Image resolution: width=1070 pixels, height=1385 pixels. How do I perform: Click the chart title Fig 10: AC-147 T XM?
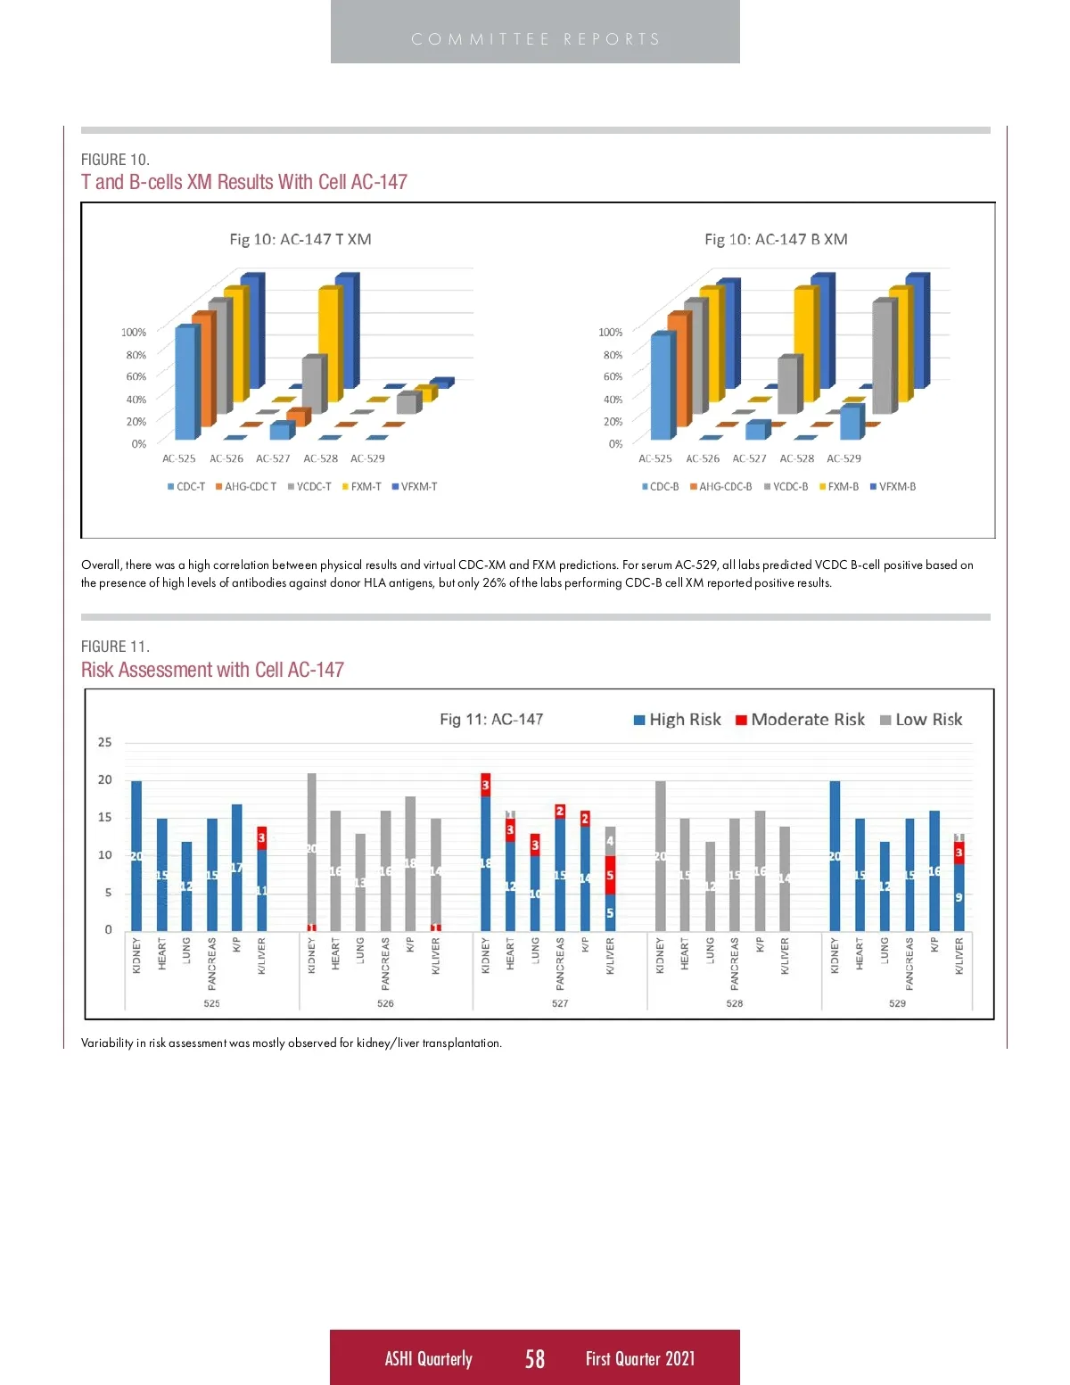(300, 239)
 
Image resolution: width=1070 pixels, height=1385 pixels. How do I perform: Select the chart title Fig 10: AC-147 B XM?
(776, 239)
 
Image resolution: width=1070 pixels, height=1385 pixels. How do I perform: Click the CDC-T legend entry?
(186, 487)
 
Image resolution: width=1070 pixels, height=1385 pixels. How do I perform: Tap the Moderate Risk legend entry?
(801, 720)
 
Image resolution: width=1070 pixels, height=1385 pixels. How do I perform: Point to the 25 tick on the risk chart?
(105, 742)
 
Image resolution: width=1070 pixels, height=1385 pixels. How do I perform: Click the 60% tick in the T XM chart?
(136, 376)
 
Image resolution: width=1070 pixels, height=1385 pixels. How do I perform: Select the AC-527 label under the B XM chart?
(749, 458)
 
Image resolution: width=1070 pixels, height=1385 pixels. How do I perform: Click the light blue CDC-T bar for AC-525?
(185, 383)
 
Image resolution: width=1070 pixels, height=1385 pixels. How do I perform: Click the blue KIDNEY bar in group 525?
(136, 856)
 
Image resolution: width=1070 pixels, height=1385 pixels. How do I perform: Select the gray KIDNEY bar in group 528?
(661, 856)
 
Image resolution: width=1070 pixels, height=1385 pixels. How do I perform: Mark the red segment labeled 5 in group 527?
(610, 876)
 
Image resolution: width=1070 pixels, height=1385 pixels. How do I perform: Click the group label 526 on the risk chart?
(385, 1003)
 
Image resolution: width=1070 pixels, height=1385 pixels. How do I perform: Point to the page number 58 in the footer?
(535, 1358)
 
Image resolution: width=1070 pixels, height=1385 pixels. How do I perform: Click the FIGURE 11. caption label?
(115, 647)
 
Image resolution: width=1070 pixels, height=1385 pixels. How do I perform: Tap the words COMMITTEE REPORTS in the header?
(535, 39)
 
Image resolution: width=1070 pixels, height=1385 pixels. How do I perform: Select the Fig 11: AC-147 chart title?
(491, 720)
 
